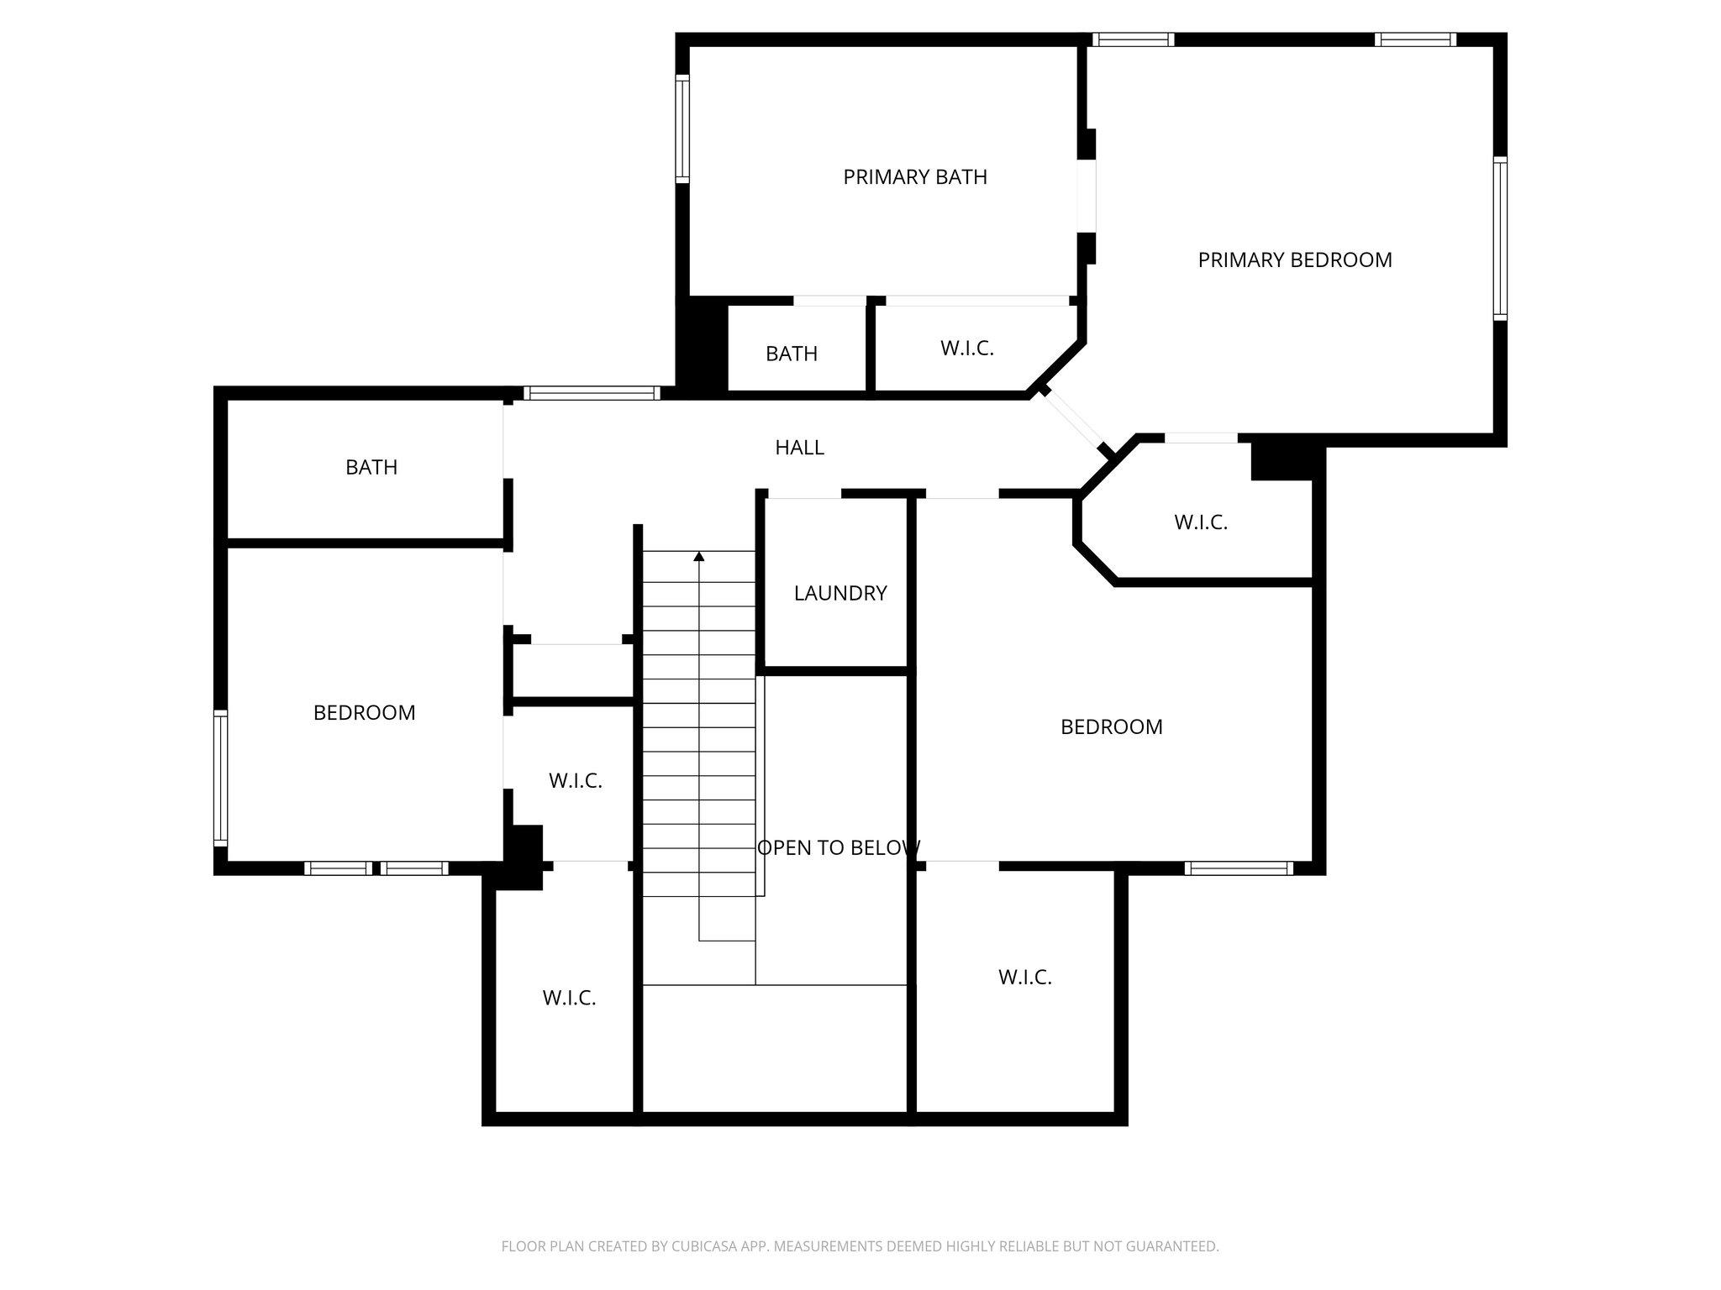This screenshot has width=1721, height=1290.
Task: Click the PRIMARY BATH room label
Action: point(915,177)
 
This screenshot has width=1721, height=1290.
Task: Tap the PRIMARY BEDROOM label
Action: point(1294,260)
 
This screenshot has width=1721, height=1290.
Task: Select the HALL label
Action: point(799,448)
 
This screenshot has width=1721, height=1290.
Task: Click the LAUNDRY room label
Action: point(839,593)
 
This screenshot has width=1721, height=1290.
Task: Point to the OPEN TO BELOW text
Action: point(838,848)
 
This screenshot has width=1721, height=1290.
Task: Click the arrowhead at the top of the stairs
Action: point(699,556)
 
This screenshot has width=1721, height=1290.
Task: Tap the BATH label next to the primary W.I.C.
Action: point(792,354)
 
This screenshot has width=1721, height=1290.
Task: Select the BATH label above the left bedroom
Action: point(371,467)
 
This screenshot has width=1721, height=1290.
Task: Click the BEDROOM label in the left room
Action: point(364,713)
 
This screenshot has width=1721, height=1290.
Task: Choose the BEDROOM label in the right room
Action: point(1111,727)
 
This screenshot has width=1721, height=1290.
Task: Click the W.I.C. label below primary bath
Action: point(966,349)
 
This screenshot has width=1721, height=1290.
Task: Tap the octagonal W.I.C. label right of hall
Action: point(1200,522)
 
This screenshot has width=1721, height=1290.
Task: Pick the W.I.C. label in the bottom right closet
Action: point(1024,978)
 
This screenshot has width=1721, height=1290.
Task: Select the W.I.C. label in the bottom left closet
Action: point(569,999)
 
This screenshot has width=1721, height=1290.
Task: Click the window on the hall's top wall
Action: point(592,393)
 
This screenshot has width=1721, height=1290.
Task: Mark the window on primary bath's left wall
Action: point(682,128)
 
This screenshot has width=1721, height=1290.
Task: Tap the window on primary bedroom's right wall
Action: point(1500,239)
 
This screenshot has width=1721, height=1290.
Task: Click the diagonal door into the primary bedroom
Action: point(1075,422)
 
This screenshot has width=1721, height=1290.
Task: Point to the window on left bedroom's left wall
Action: point(220,777)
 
